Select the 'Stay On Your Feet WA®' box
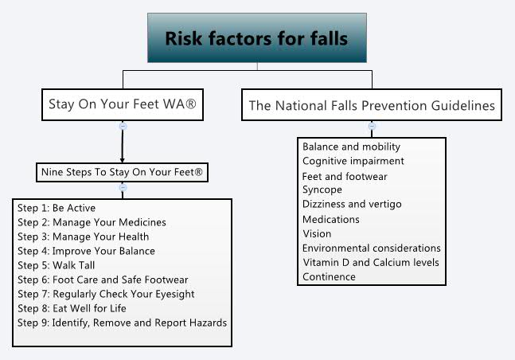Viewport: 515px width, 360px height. coord(122,104)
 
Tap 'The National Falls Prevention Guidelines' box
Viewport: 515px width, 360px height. coord(371,104)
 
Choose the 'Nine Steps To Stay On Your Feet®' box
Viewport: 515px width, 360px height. coord(122,171)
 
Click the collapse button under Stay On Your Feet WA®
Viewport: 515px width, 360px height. coord(122,125)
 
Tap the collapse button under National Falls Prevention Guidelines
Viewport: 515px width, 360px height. coord(371,125)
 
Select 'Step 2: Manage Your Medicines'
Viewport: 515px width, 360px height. coord(92,222)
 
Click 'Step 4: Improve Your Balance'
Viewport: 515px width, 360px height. coord(86,251)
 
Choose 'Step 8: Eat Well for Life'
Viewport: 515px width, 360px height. coord(72,308)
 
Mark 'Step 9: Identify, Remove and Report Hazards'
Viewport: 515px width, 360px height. coord(122,323)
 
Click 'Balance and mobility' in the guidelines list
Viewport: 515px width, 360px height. coord(351,147)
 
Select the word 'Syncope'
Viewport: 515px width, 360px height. coord(322,190)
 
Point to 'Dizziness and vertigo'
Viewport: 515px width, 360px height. coord(352,204)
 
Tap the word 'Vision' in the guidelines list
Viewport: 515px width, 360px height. coord(317,233)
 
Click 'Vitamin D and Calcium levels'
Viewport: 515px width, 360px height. coord(370,262)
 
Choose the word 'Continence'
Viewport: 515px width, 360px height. coord(329,276)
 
